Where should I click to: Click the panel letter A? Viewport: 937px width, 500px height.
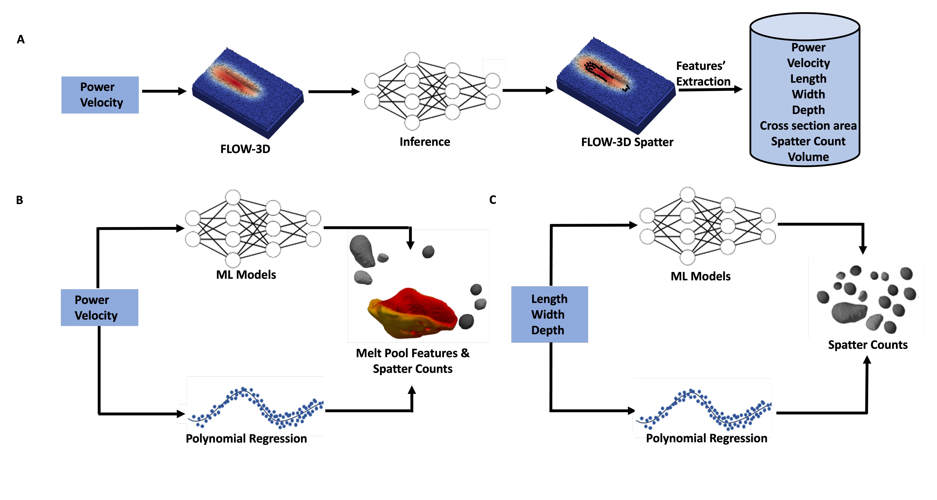coord(21,39)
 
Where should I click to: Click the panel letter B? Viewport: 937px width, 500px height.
coord(20,200)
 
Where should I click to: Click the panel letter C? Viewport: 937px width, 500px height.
coord(493,200)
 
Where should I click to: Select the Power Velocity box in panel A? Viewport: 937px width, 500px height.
coord(100,95)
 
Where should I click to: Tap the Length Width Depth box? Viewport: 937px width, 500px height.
coord(549,314)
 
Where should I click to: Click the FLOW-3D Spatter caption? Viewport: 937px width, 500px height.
coord(627,142)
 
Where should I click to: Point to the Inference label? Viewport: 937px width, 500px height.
coord(424,142)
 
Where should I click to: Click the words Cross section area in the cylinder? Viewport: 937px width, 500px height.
coord(808,125)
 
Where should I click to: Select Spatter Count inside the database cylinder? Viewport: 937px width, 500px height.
coord(808,141)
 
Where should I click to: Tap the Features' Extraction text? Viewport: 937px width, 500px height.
coord(703,74)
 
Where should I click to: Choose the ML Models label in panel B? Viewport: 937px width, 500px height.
coord(246,275)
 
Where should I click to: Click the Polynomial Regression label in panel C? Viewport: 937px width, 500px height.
coord(706,438)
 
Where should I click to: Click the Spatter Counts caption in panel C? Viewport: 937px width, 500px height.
coord(867,345)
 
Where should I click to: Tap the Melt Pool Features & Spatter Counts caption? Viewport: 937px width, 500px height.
coord(412,361)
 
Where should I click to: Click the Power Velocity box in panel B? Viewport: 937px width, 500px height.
coord(99,308)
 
